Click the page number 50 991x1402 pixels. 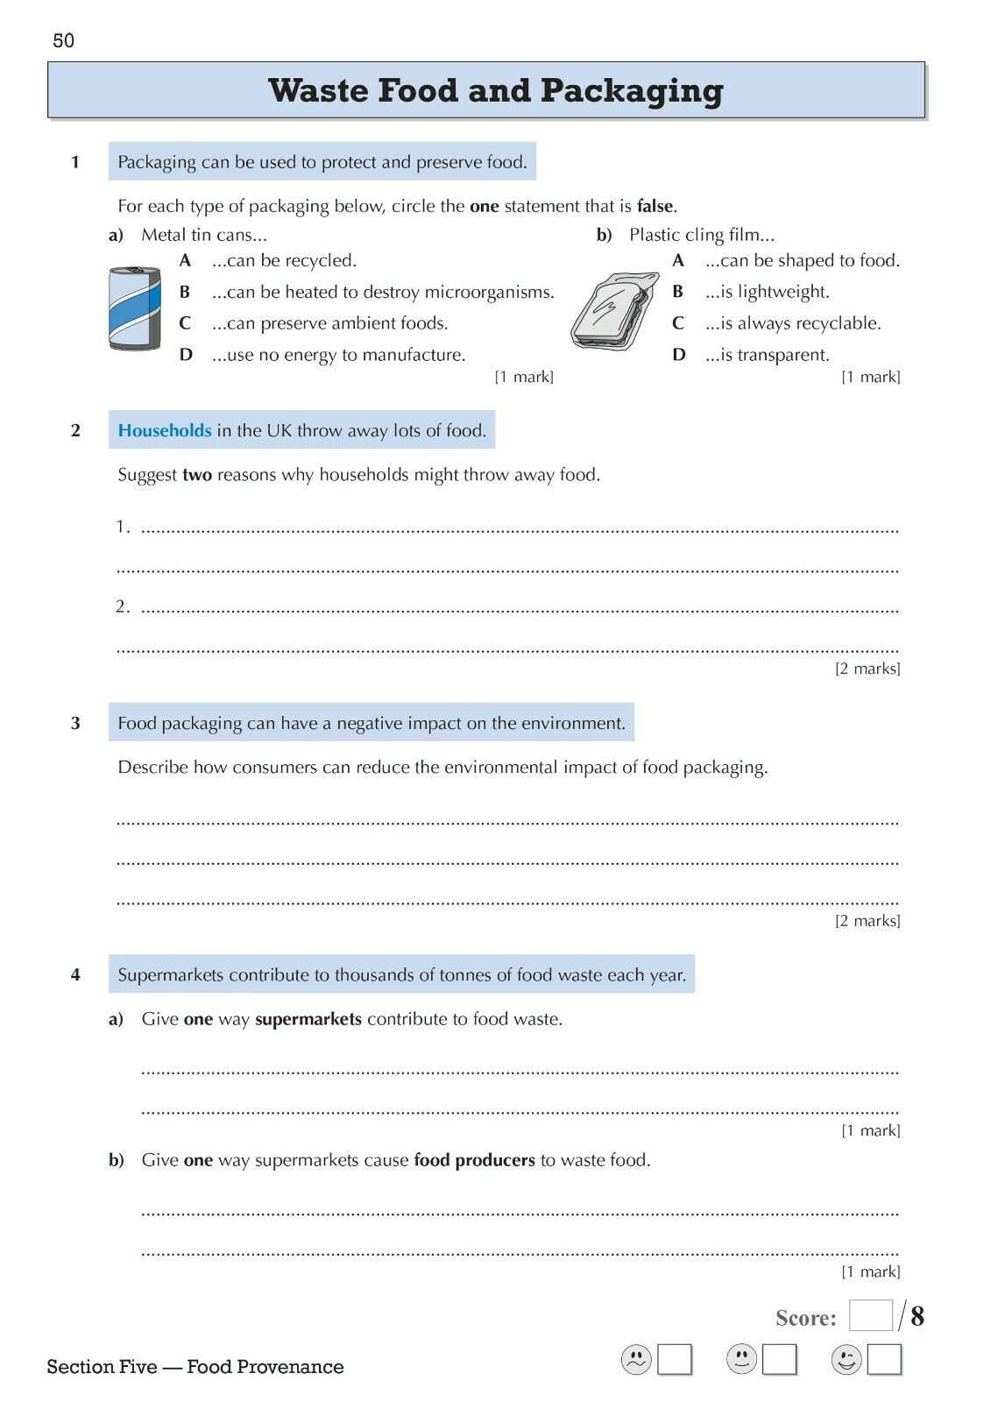[x=64, y=41]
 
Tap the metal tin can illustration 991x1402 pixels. [x=134, y=308]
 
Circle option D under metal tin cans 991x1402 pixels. [x=186, y=355]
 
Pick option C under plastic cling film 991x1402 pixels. [x=678, y=323]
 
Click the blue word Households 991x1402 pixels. [x=165, y=430]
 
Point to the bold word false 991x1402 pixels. [x=655, y=207]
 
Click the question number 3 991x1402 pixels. [x=75, y=723]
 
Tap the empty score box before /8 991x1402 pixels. [x=871, y=1316]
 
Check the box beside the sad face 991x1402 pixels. [x=675, y=1360]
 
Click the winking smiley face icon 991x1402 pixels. [x=846, y=1360]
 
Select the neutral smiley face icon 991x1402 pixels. [x=741, y=1360]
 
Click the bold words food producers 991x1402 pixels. [x=474, y=1160]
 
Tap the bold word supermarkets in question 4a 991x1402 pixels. [x=308, y=1019]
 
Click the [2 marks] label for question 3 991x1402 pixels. [x=867, y=920]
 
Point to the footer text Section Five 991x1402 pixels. [x=102, y=1367]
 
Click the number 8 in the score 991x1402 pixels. [x=917, y=1316]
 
